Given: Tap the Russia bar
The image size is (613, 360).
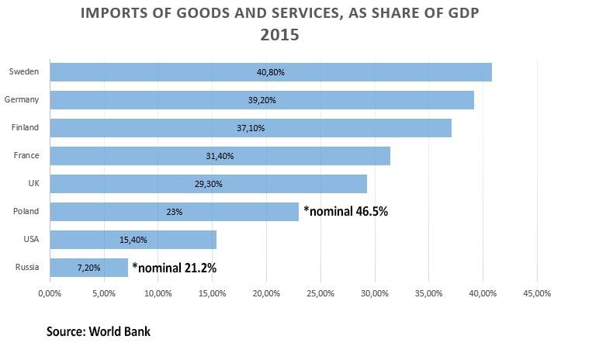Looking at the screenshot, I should coord(88,268).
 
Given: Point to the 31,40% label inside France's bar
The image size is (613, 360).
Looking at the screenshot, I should coord(220,156).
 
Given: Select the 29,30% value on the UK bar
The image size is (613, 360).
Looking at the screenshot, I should coord(208,184).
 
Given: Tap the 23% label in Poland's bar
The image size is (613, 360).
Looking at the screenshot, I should coord(174,212).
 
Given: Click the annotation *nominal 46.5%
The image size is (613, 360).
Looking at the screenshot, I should coord(346,211).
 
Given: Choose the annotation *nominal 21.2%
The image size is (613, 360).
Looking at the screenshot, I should coord(174,268).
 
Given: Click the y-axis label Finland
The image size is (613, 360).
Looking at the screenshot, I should coord(26,127).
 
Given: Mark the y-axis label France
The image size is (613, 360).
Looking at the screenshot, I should coord(26,155).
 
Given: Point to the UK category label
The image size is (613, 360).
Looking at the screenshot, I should coord(33,183).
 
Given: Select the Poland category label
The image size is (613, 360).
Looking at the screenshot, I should coord(26,211).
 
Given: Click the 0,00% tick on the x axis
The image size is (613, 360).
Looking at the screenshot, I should coord(50,293).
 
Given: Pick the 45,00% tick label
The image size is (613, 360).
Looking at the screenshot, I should coord(537,293).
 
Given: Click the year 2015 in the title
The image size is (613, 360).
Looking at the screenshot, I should coord(279,35).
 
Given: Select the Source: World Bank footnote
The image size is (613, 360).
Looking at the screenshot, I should coord(99,331).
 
